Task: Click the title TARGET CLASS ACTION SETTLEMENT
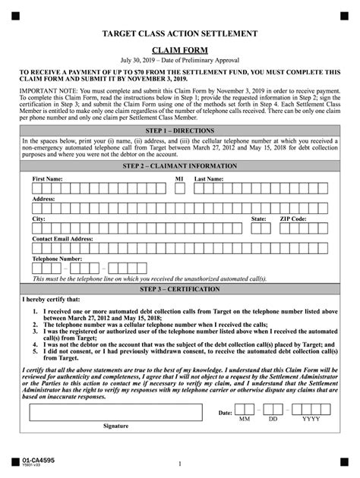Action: coord(180,34)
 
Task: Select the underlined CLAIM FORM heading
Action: coord(180,49)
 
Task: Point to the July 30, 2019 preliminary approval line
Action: coord(180,60)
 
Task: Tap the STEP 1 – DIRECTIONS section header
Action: coord(180,131)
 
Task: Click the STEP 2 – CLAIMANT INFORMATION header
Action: coord(180,165)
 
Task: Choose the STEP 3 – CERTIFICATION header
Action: coord(180,289)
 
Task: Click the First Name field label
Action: coord(47,178)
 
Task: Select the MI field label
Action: coord(180,178)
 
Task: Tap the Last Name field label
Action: coord(209,178)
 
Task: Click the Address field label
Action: coord(43,199)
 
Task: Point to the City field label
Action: coord(39,219)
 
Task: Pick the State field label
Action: coord(259,219)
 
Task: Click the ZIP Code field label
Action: coord(293,219)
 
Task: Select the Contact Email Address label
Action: coord(62,238)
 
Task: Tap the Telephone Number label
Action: coord(57,259)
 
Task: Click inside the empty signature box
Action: coord(115,412)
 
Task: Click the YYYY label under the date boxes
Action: coord(311,419)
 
